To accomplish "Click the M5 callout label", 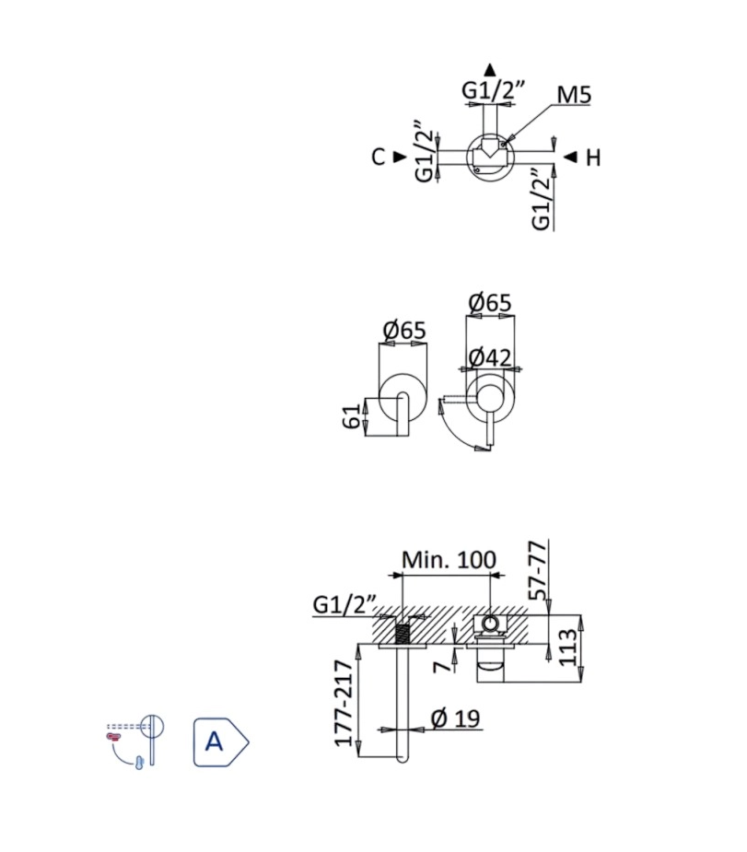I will (574, 95).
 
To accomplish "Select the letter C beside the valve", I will (378, 158).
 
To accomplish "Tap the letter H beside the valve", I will (593, 158).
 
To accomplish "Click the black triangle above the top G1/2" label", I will (491, 68).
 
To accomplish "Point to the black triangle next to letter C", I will (399, 157).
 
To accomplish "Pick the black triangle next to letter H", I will (570, 157).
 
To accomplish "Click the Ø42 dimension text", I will (490, 358).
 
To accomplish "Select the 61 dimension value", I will (351, 416).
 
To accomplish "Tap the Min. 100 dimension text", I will (449, 560).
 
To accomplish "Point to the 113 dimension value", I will (568, 648).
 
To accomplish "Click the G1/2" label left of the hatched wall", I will (344, 605).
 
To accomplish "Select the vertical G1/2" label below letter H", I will (542, 201).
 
